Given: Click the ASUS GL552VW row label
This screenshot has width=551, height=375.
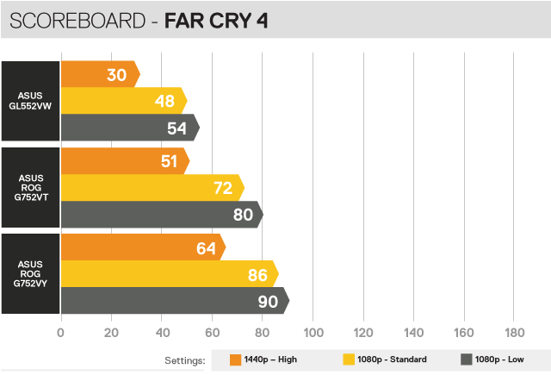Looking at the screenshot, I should pos(31,100).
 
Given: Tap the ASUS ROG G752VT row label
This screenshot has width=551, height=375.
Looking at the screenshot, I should pos(31,187).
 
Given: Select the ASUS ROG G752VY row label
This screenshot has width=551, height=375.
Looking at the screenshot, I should pos(31,273).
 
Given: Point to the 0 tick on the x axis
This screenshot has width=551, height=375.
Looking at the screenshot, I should pos(61,333).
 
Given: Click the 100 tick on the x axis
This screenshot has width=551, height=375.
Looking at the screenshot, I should pos(313,333).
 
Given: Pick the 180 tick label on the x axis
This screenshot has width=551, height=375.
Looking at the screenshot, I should pos(514,333).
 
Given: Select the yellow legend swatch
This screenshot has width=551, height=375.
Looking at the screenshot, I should pos(349,360).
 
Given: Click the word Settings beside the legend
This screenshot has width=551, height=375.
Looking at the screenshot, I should pos(184,360).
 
